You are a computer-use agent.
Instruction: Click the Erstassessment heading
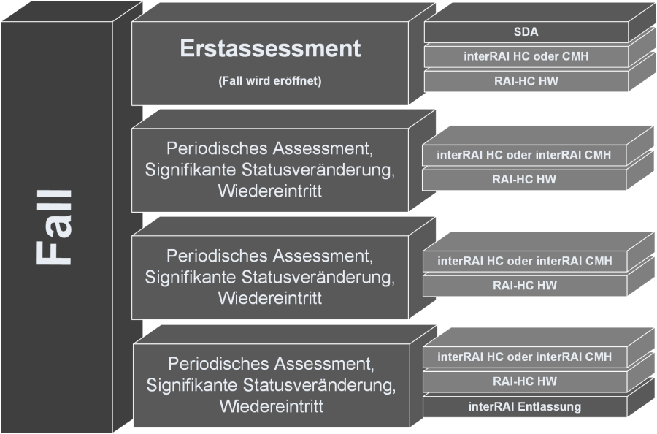[270, 48]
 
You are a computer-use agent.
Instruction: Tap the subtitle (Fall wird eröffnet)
[270, 81]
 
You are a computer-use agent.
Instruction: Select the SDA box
[526, 32]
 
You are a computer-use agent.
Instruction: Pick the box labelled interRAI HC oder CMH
[526, 56]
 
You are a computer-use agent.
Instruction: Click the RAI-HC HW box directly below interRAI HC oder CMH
[526, 81]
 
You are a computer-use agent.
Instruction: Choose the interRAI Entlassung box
[525, 406]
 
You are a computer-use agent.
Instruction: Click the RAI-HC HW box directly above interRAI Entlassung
[525, 381]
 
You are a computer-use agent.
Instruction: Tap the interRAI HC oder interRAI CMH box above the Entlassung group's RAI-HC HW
[525, 357]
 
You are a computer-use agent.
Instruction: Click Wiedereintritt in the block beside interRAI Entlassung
[271, 406]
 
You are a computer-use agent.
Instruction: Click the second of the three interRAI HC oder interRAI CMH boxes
[525, 261]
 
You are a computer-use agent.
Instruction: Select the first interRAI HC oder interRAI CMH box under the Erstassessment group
[524, 155]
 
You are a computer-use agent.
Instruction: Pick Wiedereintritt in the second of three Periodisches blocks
[269, 298]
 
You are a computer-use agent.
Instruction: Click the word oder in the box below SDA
[541, 56]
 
